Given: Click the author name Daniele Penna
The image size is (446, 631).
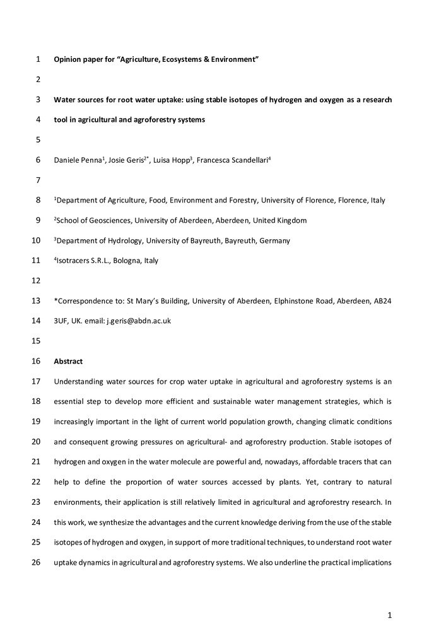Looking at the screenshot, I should click(77, 160).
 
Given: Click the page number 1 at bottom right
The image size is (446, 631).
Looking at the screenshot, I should click(390, 613).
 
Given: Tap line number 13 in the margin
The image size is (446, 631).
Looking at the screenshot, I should click(36, 301).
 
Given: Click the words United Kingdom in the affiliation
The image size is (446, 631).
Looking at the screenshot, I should click(279, 220).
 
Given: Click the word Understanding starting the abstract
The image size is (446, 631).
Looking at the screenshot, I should click(81, 381).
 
